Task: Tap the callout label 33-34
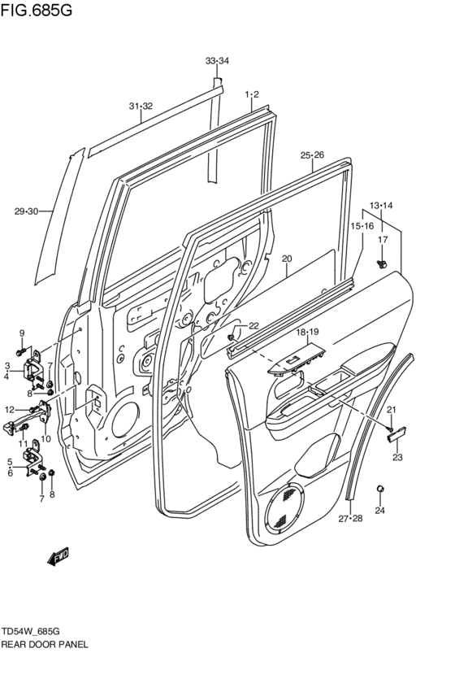(x=217, y=62)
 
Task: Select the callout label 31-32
(x=141, y=106)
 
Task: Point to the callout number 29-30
(x=26, y=212)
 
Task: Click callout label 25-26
(x=312, y=155)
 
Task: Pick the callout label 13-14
(x=381, y=205)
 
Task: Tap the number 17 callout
(x=383, y=239)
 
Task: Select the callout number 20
(x=286, y=259)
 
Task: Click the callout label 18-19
(x=307, y=333)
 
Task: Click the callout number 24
(x=379, y=511)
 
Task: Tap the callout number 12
(x=10, y=409)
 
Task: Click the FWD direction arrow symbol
(x=58, y=557)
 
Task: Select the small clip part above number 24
(x=379, y=488)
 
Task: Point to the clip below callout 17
(x=383, y=263)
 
